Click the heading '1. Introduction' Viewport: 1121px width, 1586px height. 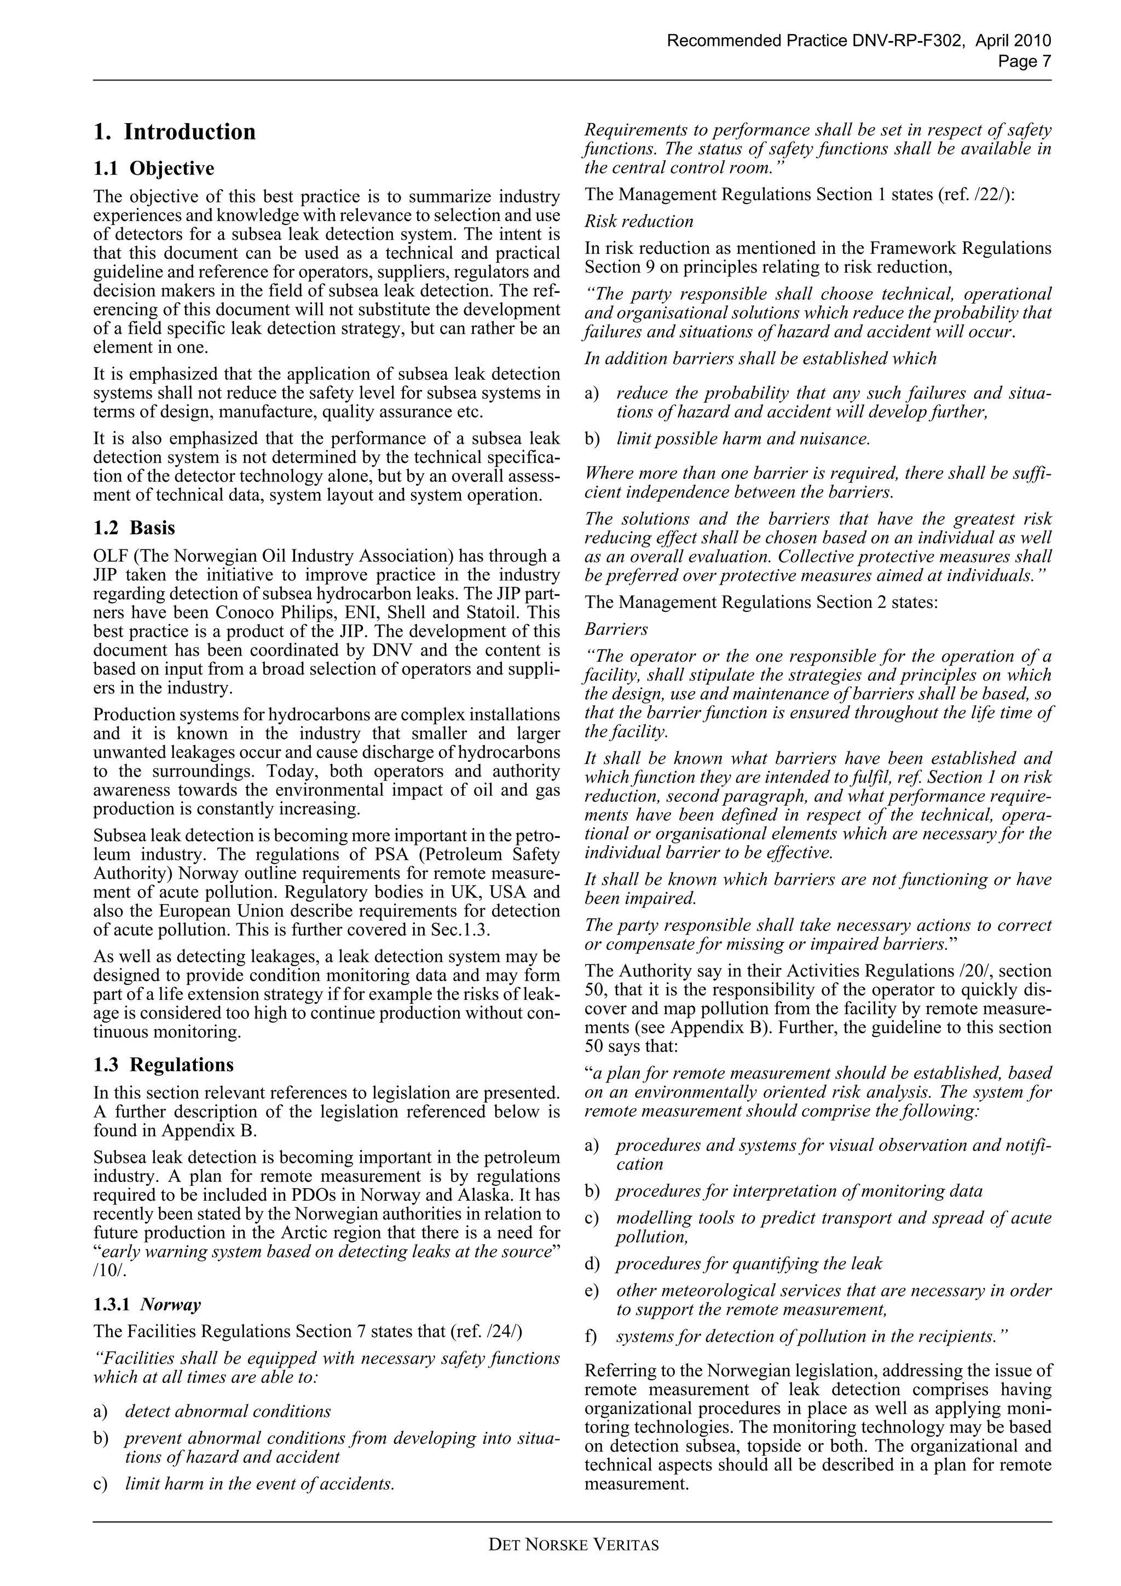pyautogui.click(x=174, y=132)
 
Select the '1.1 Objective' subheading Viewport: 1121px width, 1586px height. pyautogui.click(x=153, y=169)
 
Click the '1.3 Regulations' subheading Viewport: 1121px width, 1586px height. pyautogui.click(x=163, y=1064)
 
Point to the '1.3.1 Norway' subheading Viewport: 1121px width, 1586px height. pyautogui.click(x=147, y=1304)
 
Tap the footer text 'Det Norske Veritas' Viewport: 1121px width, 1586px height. pyautogui.click(x=573, y=1544)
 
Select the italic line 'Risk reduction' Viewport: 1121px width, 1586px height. pyautogui.click(x=638, y=222)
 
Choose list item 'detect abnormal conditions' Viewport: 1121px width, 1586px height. pyautogui.click(x=227, y=1411)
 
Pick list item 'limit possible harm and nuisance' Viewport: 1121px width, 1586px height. pyautogui.click(x=743, y=438)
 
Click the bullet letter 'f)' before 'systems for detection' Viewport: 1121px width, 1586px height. pyautogui.click(x=591, y=1336)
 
